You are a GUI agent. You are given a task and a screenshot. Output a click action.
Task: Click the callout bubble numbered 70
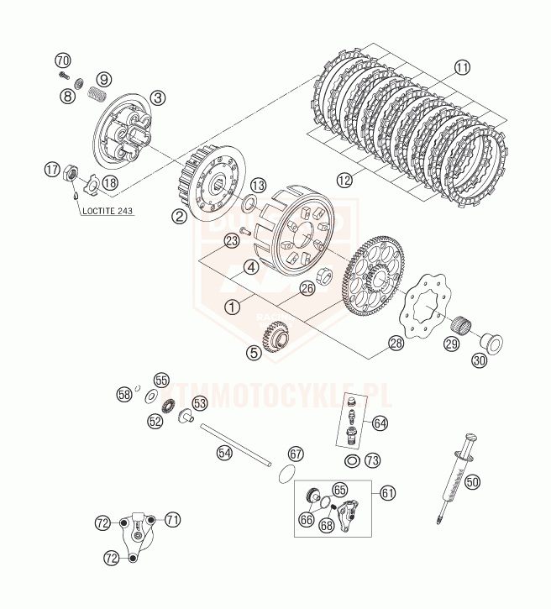(63, 60)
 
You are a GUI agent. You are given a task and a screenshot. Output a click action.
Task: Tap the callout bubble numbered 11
(462, 68)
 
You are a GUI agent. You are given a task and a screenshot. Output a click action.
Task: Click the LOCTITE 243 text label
(108, 211)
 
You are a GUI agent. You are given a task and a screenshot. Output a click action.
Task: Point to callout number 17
(51, 171)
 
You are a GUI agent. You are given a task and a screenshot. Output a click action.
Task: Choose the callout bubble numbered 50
(473, 482)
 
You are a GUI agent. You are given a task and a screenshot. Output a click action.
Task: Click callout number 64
(380, 423)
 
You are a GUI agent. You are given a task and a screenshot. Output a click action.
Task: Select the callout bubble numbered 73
(372, 460)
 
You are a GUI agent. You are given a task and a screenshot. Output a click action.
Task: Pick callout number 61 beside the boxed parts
(387, 492)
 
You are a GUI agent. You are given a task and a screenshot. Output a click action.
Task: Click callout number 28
(396, 343)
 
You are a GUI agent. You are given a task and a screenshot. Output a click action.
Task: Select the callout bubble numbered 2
(179, 216)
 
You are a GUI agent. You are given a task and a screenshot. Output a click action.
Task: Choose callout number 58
(124, 393)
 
